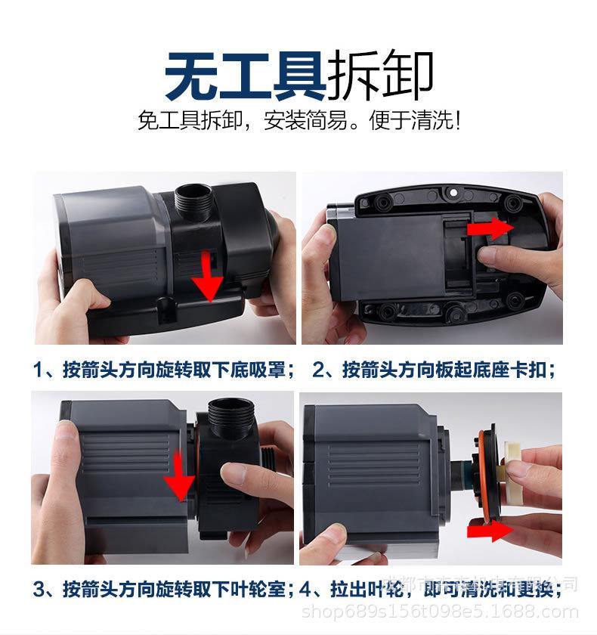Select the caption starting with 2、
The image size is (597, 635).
click(435, 370)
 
